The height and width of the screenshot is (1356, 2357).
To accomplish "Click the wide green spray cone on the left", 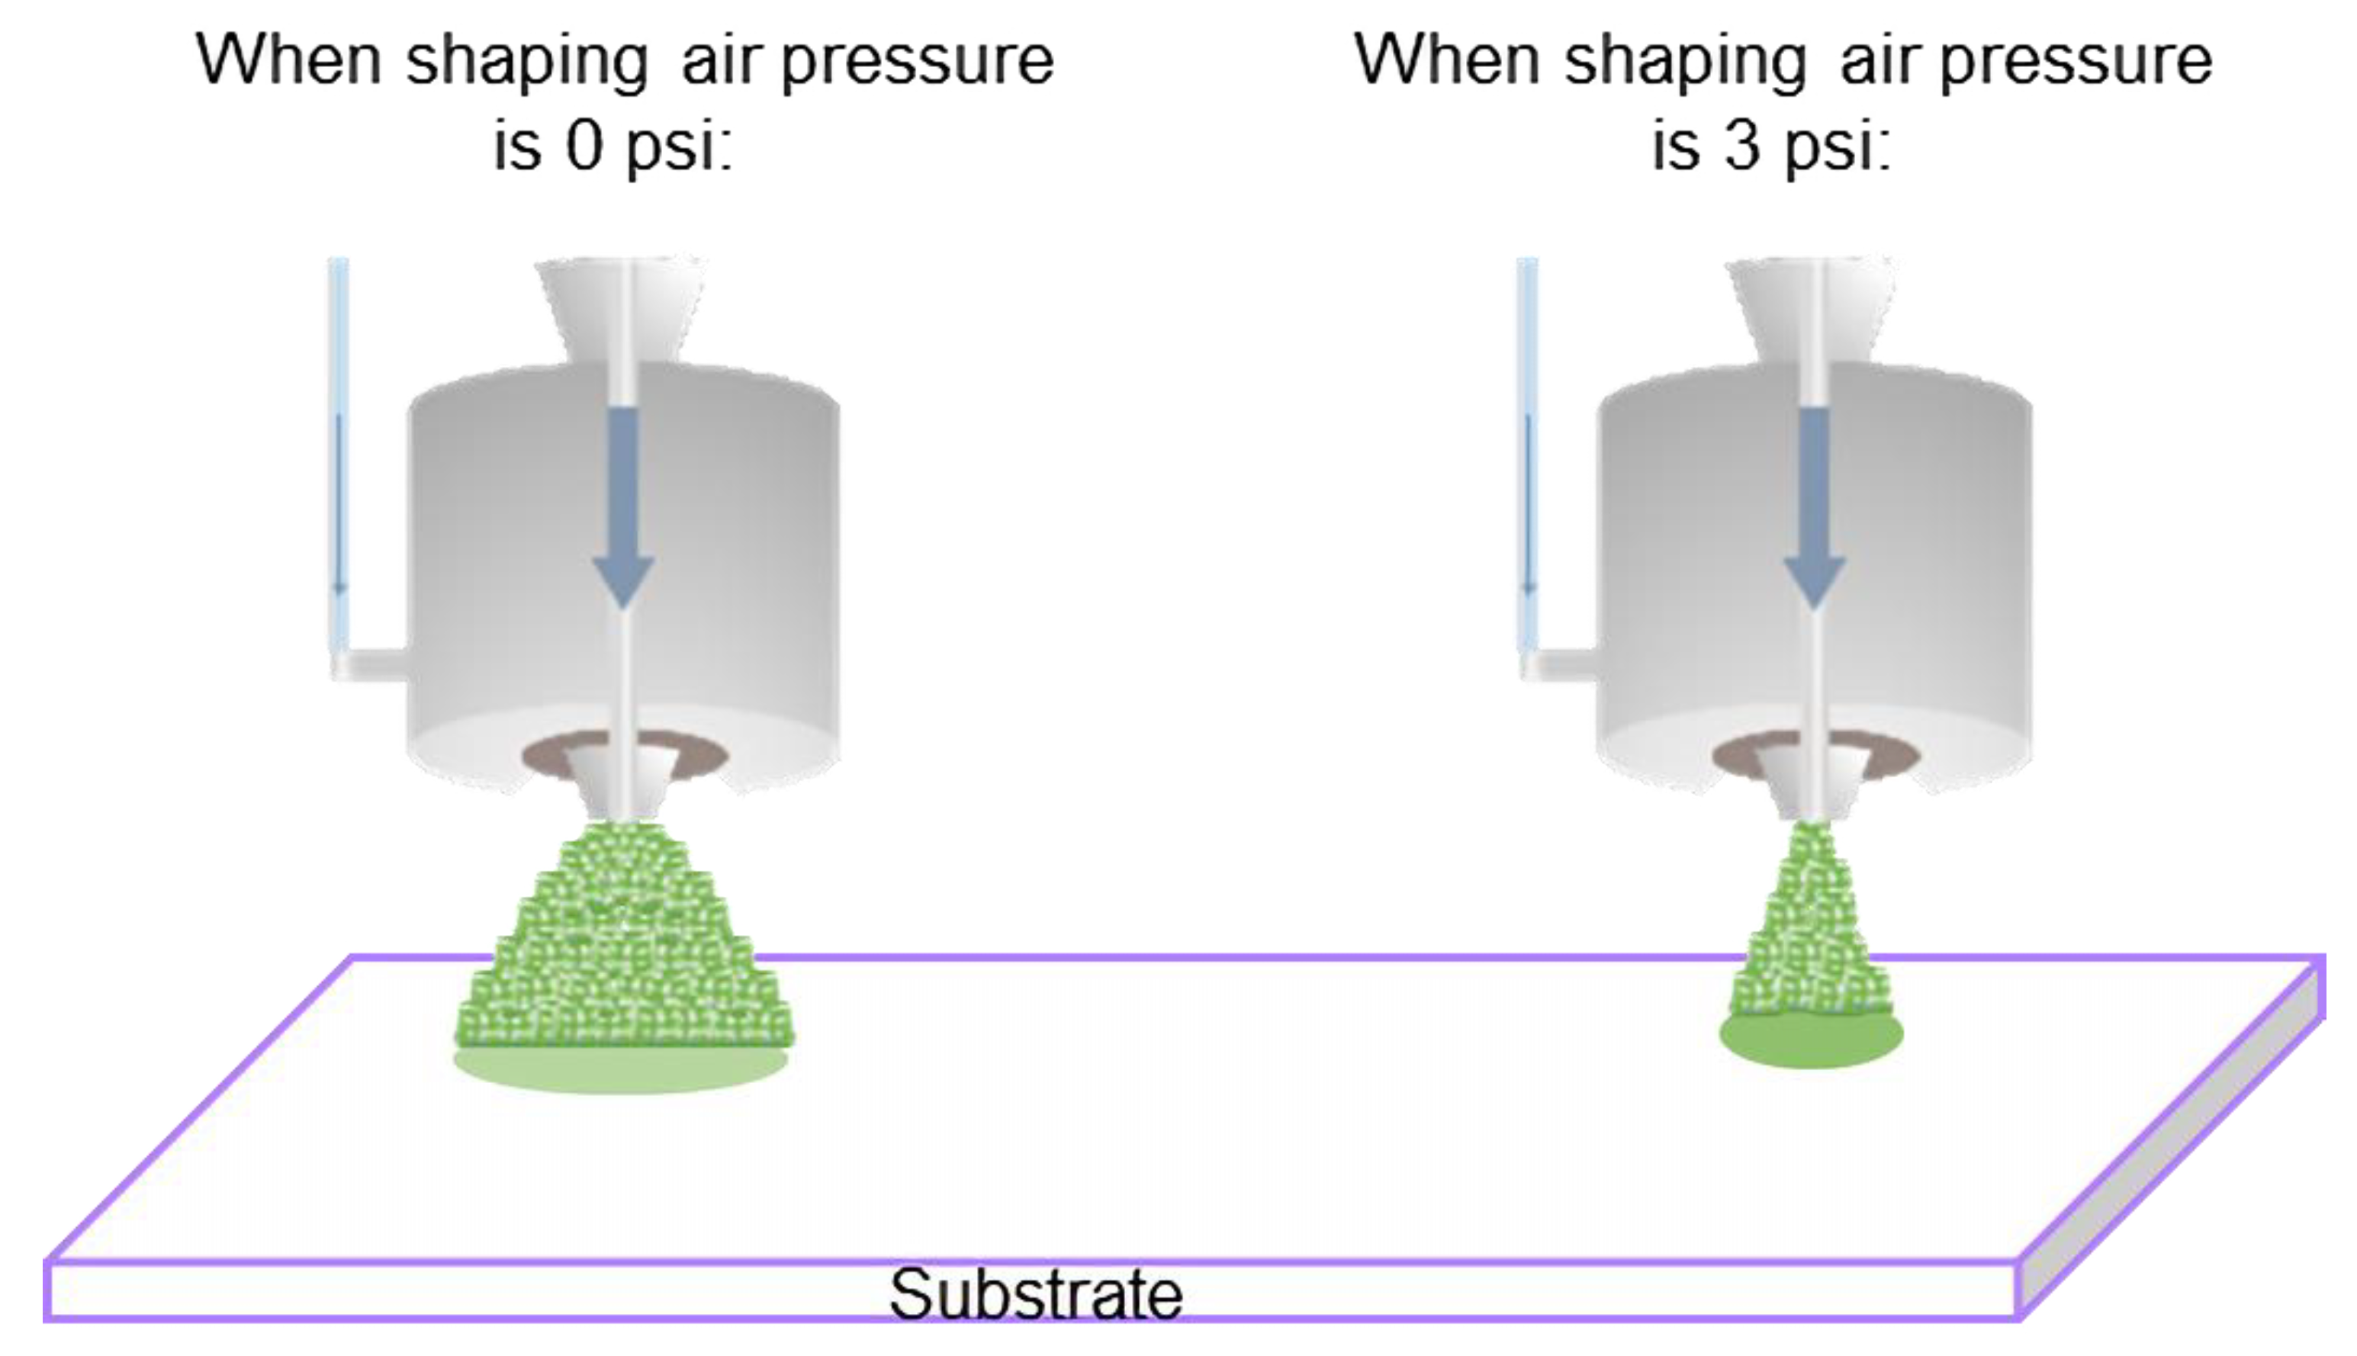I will pos(622,940).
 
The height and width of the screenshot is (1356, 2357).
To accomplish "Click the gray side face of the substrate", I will pos(2170,1136).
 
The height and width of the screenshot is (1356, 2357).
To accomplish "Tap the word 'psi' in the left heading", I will pos(677,146).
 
